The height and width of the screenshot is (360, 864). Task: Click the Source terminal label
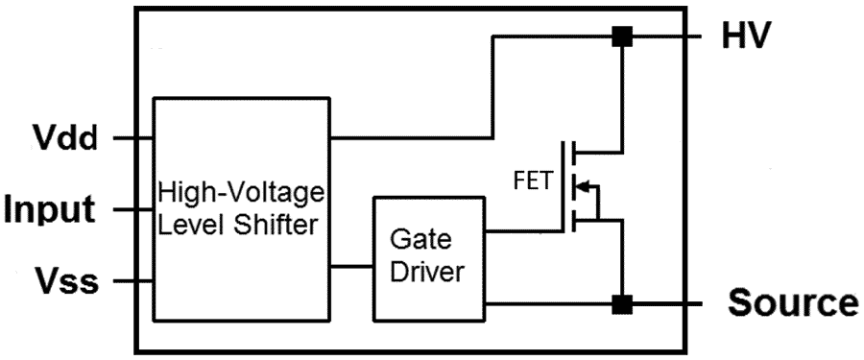[x=792, y=303]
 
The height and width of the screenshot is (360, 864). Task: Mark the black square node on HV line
[x=622, y=37]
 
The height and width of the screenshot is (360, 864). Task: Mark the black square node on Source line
[x=622, y=304]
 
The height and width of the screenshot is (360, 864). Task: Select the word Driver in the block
[x=431, y=273]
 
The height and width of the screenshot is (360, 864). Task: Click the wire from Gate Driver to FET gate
[x=523, y=230]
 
